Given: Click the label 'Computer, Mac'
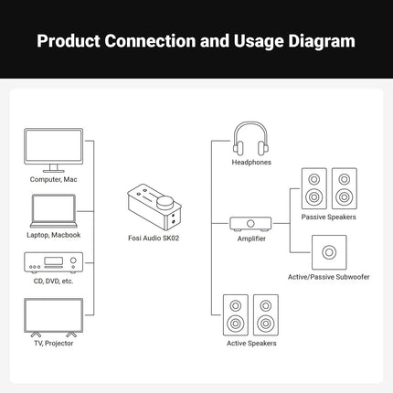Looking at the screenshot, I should point(52,180).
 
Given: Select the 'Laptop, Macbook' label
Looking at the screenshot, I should point(52,235).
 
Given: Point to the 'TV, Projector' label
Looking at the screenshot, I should point(52,343).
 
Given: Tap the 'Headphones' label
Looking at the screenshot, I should point(251,163).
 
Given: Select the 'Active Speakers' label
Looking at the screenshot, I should point(250,344).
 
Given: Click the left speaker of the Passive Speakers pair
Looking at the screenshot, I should point(313,188).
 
